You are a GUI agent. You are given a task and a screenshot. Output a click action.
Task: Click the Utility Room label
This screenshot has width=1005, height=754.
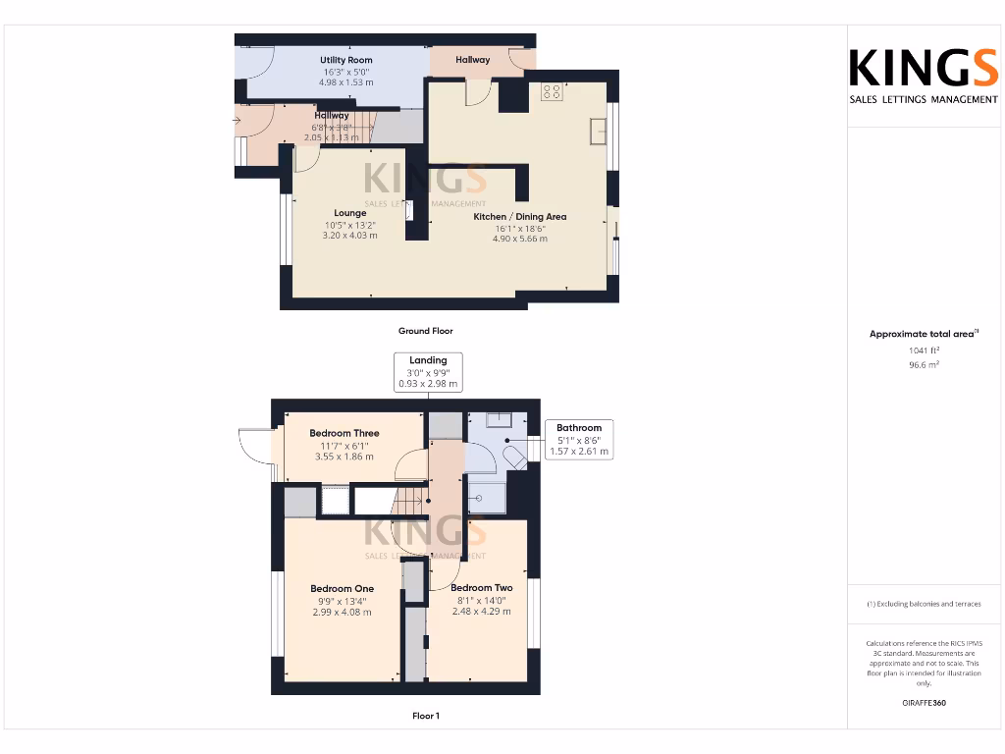(346, 61)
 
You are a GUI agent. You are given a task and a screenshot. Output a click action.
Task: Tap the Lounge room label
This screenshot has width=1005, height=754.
(349, 213)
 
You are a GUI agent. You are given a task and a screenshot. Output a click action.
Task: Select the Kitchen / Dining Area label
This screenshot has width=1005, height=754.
(520, 217)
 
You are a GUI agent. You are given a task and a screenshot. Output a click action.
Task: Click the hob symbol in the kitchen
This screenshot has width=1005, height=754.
(552, 93)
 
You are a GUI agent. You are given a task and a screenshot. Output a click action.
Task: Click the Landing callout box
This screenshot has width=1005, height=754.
(428, 372)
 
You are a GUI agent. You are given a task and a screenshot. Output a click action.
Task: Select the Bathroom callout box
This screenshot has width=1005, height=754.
(579, 440)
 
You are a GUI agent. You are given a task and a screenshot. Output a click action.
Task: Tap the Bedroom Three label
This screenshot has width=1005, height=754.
(344, 433)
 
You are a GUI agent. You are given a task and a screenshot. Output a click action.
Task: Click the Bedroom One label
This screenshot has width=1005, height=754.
(342, 589)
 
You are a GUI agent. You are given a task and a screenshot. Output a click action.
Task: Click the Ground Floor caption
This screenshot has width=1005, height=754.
(426, 331)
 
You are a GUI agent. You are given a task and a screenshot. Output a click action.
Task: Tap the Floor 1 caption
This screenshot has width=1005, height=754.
(426, 716)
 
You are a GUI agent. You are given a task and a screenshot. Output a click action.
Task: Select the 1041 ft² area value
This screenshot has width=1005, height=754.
(924, 350)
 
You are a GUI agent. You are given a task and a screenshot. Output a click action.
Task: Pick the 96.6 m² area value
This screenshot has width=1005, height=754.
(924, 364)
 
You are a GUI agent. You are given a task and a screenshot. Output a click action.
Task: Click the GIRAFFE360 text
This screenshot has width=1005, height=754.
(924, 703)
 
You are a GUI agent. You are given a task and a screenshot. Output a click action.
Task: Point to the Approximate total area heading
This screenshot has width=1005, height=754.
(924, 334)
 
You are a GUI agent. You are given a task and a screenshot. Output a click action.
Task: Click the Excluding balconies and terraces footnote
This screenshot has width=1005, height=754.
(924, 604)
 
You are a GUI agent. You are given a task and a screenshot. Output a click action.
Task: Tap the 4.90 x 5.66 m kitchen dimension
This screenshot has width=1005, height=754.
(520, 239)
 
